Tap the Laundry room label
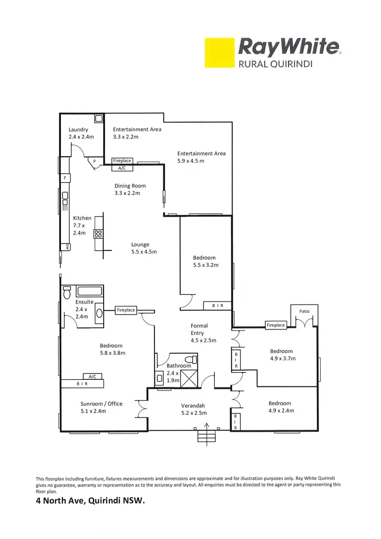(x=78, y=130)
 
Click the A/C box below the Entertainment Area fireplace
(x=122, y=168)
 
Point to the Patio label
(x=304, y=311)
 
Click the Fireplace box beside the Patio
(x=276, y=325)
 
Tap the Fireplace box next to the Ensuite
(x=125, y=310)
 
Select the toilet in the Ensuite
(x=67, y=293)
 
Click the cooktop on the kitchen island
(x=98, y=234)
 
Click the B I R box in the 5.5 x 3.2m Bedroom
(x=217, y=306)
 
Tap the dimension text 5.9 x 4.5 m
(x=190, y=161)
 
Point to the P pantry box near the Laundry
(x=94, y=162)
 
